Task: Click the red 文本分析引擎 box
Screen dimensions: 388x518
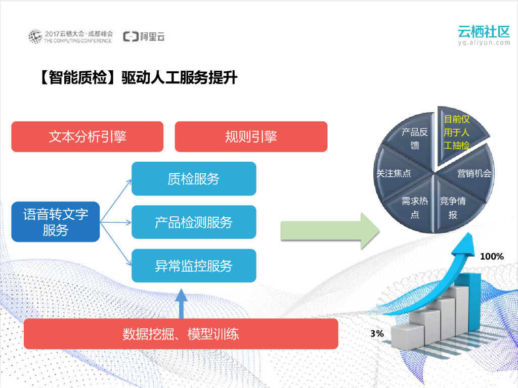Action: point(87,136)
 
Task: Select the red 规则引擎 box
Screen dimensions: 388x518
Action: point(251,136)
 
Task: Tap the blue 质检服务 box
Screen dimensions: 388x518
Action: point(194,179)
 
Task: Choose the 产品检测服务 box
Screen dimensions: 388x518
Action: point(194,222)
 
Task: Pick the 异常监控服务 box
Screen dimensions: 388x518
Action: point(194,266)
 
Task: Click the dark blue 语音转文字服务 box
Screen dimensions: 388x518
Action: point(56,222)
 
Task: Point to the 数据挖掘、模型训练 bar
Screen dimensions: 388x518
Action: point(181,334)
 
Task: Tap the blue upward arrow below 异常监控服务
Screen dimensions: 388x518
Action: point(181,303)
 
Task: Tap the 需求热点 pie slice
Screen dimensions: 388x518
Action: point(415,207)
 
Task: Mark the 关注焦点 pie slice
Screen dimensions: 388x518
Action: point(397,173)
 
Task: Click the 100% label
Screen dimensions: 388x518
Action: point(492,257)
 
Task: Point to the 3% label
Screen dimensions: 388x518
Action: point(377,333)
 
